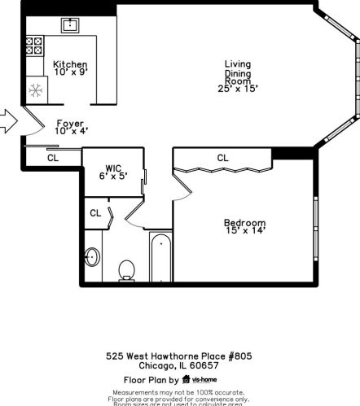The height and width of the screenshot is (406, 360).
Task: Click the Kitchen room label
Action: tap(70, 64)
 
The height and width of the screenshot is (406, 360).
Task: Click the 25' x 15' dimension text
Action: tap(239, 89)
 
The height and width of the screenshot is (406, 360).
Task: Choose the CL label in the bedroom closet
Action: tap(222, 157)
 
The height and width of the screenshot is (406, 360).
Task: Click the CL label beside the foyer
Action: tap(52, 158)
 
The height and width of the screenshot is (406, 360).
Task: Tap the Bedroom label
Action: tap(244, 222)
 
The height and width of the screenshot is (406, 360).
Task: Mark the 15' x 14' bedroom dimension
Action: tap(244, 231)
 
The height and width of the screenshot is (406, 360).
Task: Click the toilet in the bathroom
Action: tap(127, 269)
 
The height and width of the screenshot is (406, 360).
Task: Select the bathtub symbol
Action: tap(160, 259)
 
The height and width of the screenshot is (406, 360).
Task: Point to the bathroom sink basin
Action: tap(92, 258)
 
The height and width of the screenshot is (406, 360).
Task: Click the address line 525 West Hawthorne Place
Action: tap(178, 356)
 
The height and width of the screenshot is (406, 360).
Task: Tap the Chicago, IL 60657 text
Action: tap(178, 365)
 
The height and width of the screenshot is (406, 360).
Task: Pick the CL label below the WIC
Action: tap(95, 213)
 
